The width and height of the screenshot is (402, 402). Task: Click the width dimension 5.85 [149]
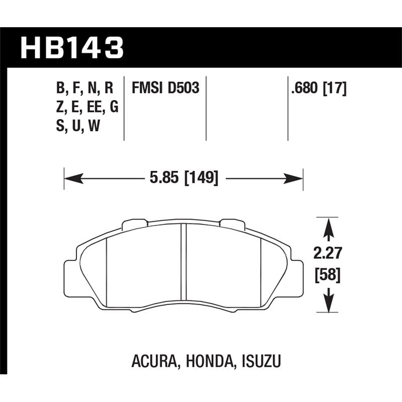point(183,178)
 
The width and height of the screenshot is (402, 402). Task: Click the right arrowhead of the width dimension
point(296,178)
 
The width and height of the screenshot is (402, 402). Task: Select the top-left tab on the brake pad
point(133,222)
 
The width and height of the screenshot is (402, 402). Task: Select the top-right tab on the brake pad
point(233,222)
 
